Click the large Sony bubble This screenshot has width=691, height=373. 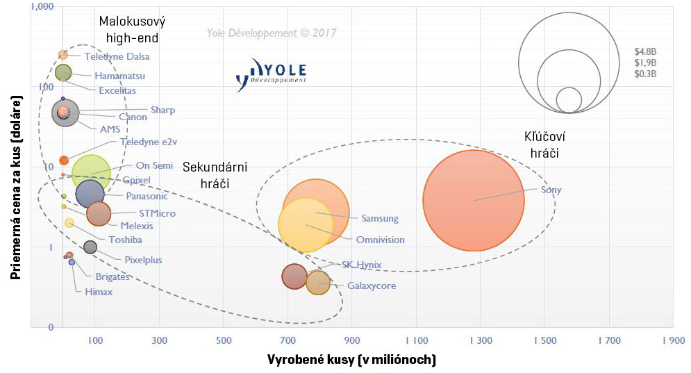tap(473, 200)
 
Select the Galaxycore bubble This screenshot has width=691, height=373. tap(318, 283)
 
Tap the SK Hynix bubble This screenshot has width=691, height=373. tap(295, 276)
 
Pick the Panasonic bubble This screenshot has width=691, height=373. tap(90, 194)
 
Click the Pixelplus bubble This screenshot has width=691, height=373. tap(90, 247)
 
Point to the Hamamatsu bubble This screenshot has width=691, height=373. tap(63, 72)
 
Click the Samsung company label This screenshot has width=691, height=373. tap(380, 219)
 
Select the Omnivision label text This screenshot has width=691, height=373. tap(380, 240)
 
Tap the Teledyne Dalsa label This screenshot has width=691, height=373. tap(117, 56)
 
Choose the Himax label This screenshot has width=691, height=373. tap(99, 292)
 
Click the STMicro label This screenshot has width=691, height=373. tap(157, 213)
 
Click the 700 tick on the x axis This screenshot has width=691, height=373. tap(288, 340)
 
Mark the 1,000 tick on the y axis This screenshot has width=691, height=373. tap(17, 7)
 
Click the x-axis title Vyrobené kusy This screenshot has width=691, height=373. tap(351, 359)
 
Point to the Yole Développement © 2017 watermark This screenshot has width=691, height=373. tap(271, 32)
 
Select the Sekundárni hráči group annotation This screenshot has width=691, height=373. tap(215, 175)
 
